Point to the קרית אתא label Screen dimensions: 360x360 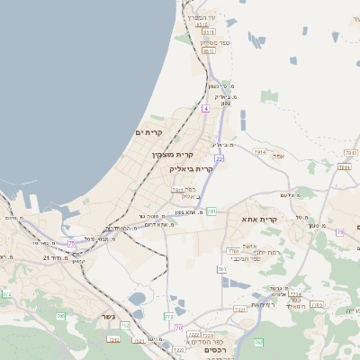259,219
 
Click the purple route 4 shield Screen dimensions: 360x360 205,108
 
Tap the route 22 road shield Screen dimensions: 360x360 219,158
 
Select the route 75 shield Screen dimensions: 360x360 70,243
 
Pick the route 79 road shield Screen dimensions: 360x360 211,211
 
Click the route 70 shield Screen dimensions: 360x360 179,328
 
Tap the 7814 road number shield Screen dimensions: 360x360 344,167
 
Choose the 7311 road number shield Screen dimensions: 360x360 177,190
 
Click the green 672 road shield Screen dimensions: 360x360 7,294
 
